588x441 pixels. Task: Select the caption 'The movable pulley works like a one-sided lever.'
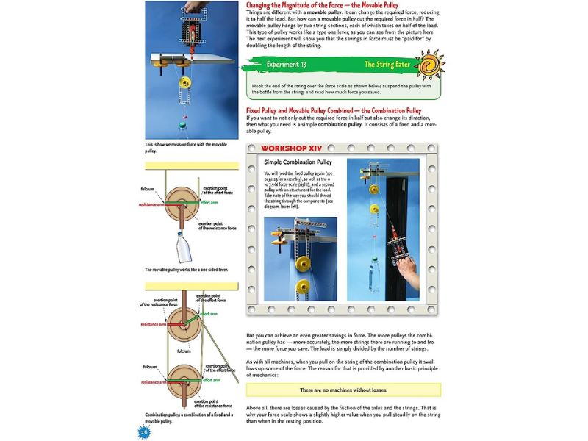pos(186,270)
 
